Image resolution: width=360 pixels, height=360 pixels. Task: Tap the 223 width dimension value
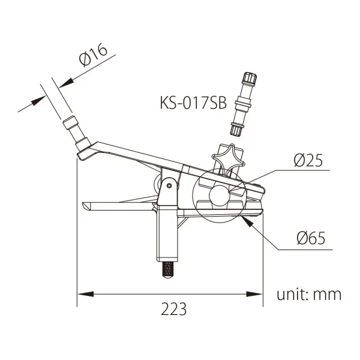click(173, 310)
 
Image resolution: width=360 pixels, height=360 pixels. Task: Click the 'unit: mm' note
click(309, 295)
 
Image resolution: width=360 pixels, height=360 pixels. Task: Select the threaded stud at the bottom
click(169, 270)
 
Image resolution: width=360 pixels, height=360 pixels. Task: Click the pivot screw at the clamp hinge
click(170, 185)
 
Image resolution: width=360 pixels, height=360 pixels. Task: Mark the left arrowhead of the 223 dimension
click(84, 295)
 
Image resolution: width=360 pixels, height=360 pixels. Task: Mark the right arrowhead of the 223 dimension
click(257, 295)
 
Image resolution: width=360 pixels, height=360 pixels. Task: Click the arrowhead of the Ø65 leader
click(245, 220)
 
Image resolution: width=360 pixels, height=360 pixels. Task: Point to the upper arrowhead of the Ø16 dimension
click(67, 80)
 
